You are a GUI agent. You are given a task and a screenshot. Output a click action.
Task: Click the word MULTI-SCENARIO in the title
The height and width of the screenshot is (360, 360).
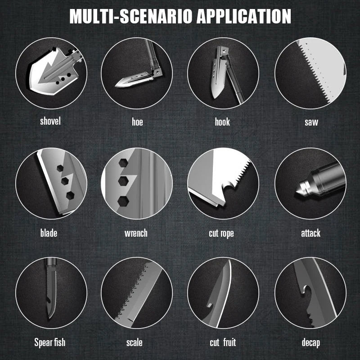tap(130, 16)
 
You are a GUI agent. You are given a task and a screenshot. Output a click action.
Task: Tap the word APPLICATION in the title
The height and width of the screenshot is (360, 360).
tap(244, 16)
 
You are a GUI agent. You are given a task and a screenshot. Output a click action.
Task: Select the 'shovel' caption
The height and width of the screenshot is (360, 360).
tap(50, 121)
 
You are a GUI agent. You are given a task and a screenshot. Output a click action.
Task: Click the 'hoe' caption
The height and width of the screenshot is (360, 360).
tap(137, 121)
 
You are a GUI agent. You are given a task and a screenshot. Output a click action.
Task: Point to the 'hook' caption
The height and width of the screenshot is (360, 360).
tap(222, 121)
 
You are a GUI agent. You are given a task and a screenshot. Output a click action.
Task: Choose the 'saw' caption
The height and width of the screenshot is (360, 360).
tap(311, 122)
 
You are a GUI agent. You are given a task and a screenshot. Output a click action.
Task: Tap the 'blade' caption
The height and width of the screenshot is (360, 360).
tap(49, 233)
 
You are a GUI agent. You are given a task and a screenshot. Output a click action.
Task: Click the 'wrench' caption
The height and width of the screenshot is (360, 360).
tap(136, 233)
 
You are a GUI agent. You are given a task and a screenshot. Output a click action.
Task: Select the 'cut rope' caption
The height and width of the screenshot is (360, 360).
tap(221, 234)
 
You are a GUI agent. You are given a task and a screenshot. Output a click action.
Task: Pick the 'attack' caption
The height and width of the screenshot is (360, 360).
tap(310, 233)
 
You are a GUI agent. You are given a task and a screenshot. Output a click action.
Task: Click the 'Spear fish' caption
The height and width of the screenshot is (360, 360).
tap(50, 342)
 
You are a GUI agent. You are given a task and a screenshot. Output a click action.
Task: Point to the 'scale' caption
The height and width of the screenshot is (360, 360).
tap(134, 342)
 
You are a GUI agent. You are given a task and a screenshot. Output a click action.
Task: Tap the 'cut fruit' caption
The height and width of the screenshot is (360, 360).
tap(223, 342)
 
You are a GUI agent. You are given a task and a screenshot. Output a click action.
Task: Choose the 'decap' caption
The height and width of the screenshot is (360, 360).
tap(311, 343)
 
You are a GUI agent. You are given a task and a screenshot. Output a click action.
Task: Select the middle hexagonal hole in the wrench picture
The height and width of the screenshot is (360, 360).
tap(123, 181)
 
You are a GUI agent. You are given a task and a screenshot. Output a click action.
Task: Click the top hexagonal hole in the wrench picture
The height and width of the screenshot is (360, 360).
tap(123, 163)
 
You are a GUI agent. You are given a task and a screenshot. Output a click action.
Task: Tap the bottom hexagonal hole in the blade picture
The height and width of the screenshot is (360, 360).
tap(70, 195)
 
